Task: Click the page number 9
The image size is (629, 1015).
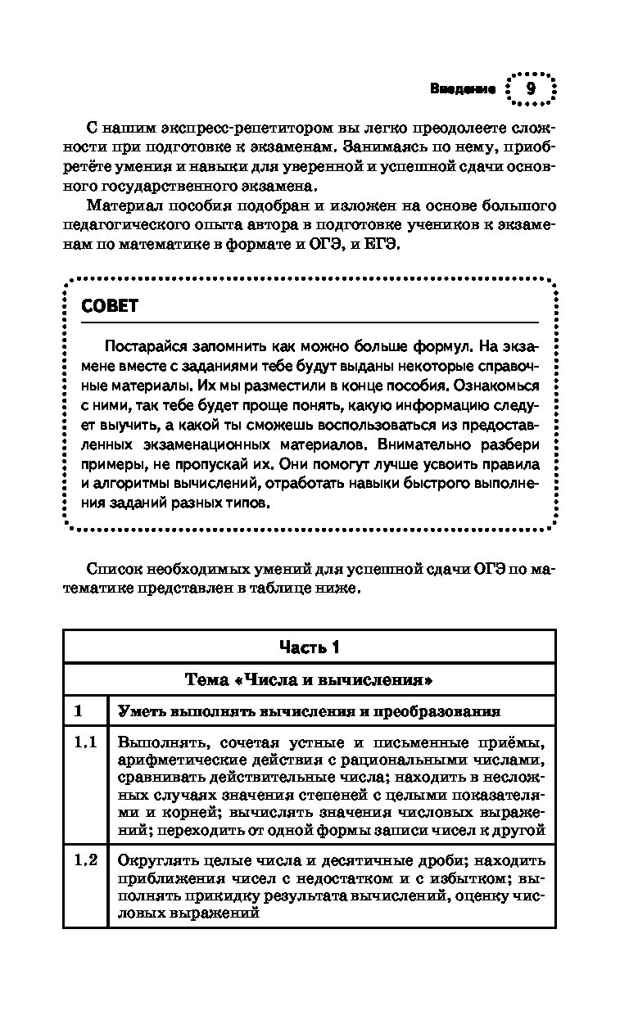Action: pyautogui.click(x=531, y=89)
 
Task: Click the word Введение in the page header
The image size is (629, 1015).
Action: pyautogui.click(x=463, y=89)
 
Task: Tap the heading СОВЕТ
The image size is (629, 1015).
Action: pyautogui.click(x=111, y=306)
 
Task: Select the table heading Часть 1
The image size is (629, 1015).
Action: pyautogui.click(x=309, y=647)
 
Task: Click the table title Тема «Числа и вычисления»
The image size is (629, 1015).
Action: pyautogui.click(x=309, y=679)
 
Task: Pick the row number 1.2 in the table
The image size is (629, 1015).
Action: pyautogui.click(x=85, y=860)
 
